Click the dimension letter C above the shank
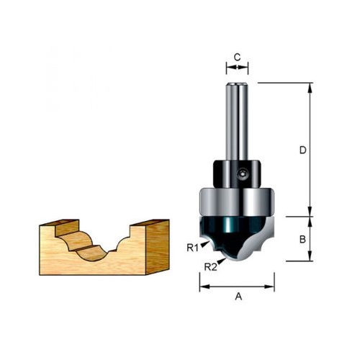[237, 58]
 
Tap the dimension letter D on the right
[303, 150]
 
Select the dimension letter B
[302, 239]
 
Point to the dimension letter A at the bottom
[238, 297]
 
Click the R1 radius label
[193, 248]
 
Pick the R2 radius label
[210, 267]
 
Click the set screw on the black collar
[241, 174]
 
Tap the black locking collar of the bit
[237, 174]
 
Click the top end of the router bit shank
[237, 84]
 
